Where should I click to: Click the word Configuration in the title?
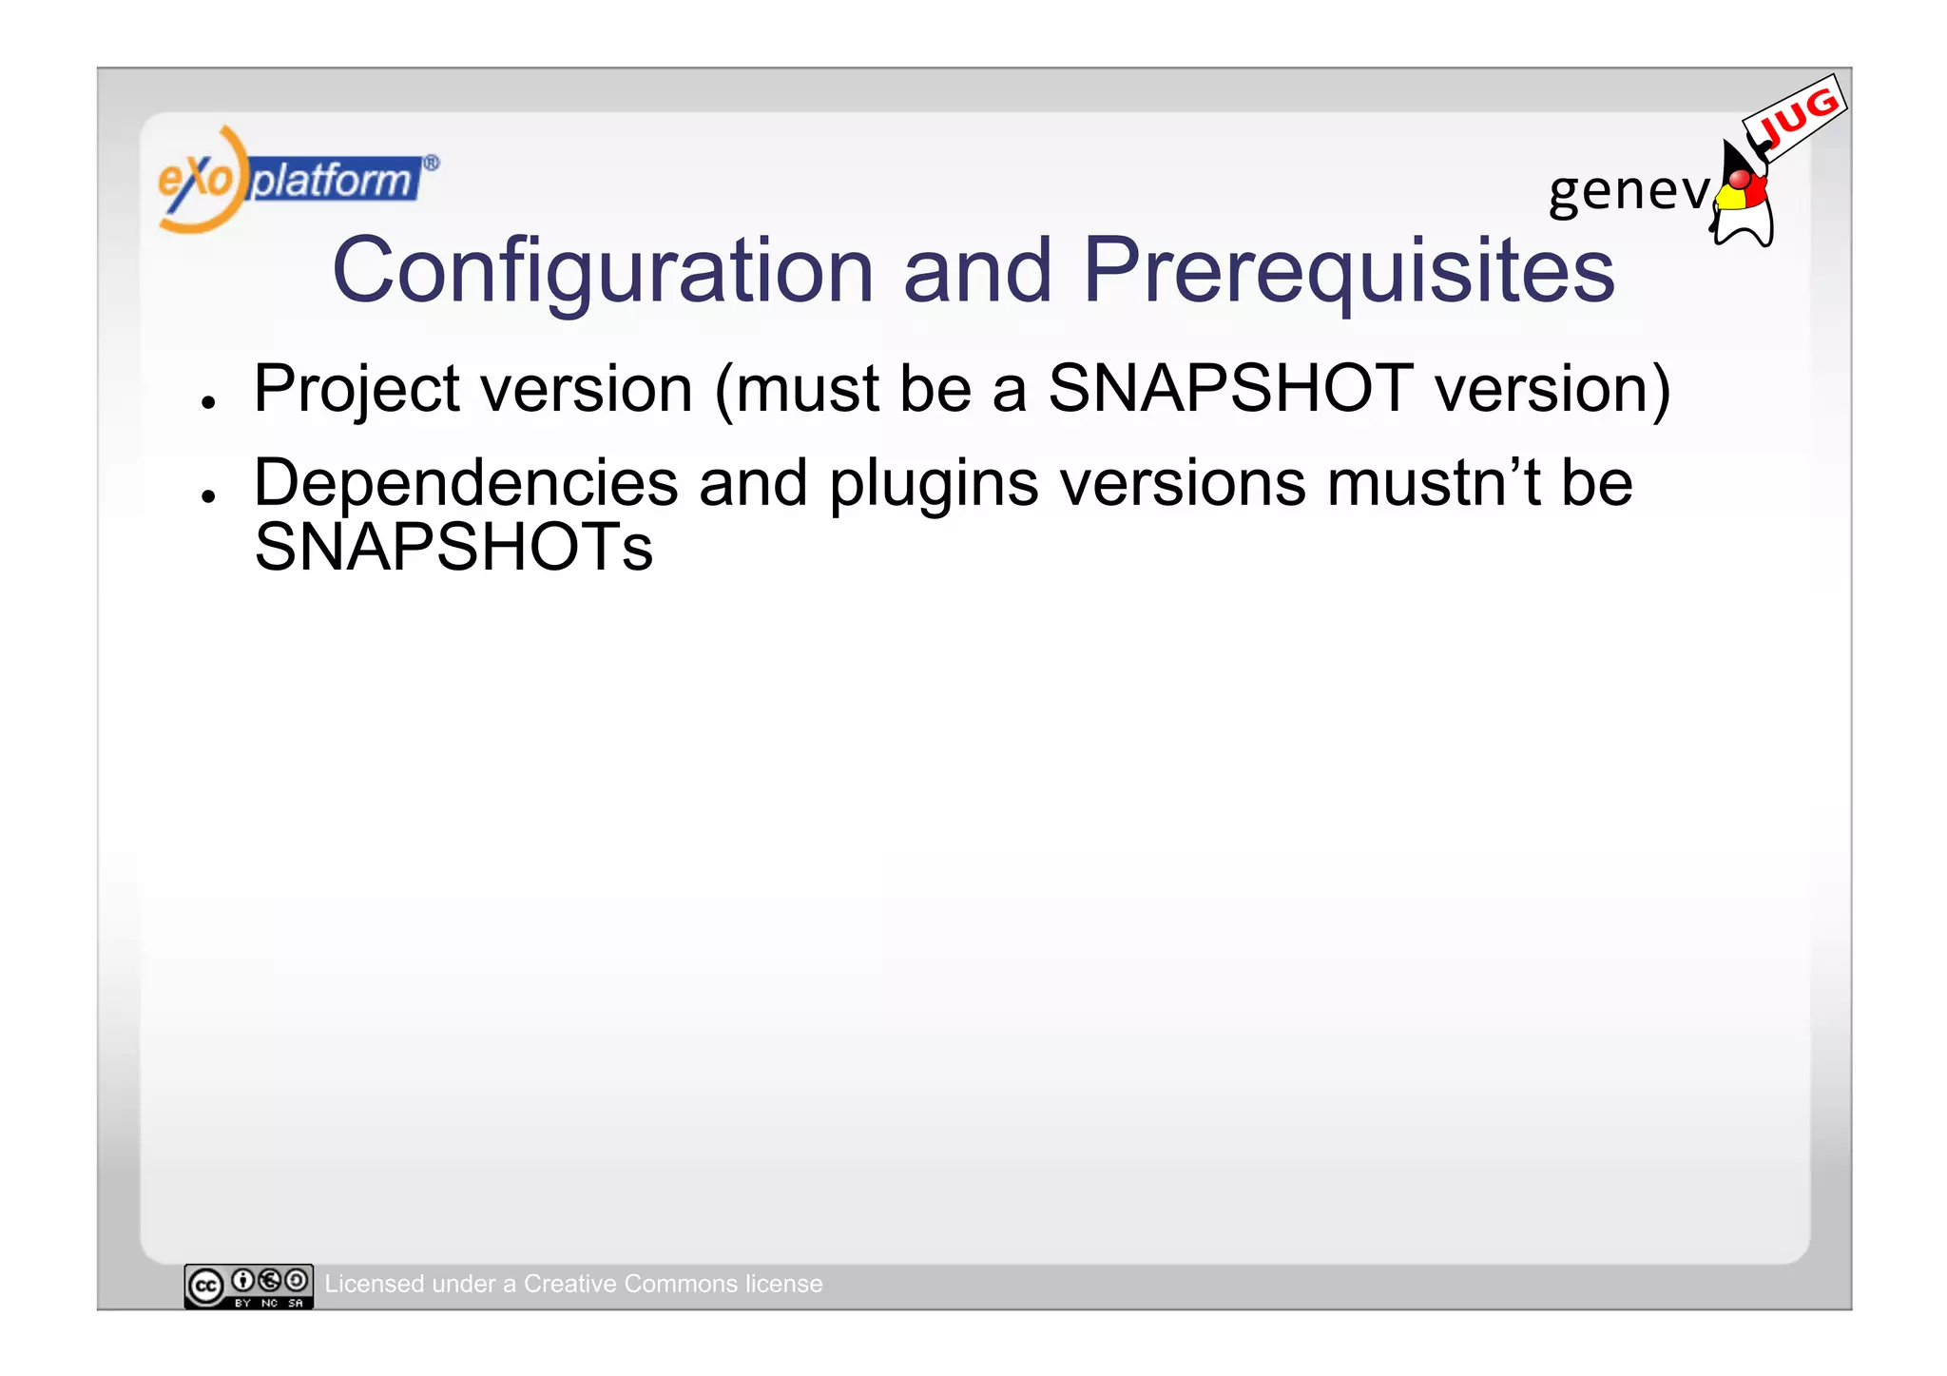coord(602,272)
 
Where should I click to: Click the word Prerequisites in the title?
coord(1348,272)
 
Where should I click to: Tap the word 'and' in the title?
coord(976,272)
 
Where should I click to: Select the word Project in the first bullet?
coord(357,390)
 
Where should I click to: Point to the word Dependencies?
coord(466,483)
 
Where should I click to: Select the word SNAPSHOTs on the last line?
coord(453,548)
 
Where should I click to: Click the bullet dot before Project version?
coord(208,402)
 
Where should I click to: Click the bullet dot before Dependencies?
coord(208,496)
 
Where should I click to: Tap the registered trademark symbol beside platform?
coord(431,163)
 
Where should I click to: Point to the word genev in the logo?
coord(1628,191)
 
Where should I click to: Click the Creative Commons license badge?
coord(248,1287)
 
